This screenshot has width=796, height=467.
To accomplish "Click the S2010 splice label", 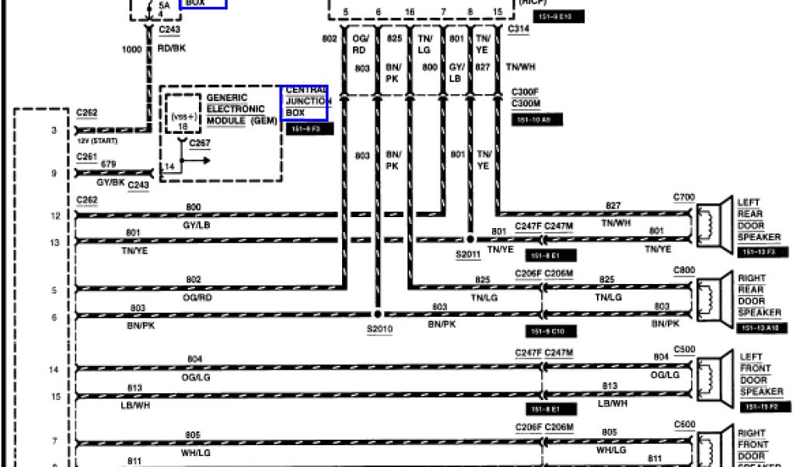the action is pyautogui.click(x=380, y=328).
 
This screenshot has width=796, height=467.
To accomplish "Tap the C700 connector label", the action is pyautogui.click(x=684, y=198).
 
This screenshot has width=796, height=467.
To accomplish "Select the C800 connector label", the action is pyautogui.click(x=684, y=271).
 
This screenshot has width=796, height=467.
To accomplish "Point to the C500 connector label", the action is pyautogui.click(x=684, y=349).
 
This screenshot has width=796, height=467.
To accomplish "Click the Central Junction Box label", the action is pyautogui.click(x=304, y=102).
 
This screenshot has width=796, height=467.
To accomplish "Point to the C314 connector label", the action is pyautogui.click(x=518, y=29).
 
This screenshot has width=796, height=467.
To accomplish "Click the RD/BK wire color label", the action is pyautogui.click(x=173, y=47).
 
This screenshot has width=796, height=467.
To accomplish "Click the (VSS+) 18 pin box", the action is pyautogui.click(x=183, y=120).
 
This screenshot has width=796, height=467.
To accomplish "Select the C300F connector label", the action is pyautogui.click(x=525, y=92).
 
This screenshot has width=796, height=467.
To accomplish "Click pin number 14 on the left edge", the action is pyautogui.click(x=54, y=370).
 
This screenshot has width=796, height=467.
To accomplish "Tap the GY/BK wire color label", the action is pyautogui.click(x=110, y=181).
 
